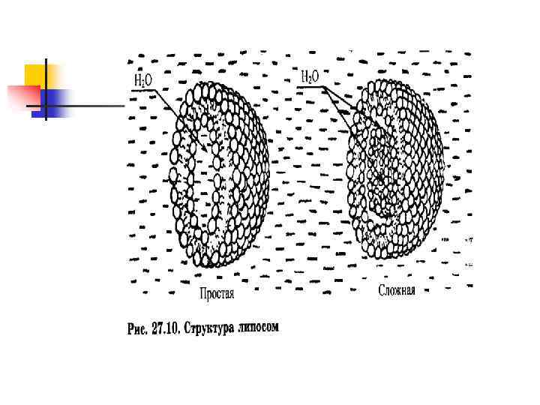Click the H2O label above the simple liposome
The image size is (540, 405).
tap(142, 79)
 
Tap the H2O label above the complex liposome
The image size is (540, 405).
tap(310, 76)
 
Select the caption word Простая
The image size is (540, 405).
tap(217, 294)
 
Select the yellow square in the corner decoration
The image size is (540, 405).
tap(41, 76)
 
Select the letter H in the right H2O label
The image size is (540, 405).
tap(304, 76)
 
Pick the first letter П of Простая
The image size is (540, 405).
tap(202, 294)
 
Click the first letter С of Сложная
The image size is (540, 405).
tap(382, 290)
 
